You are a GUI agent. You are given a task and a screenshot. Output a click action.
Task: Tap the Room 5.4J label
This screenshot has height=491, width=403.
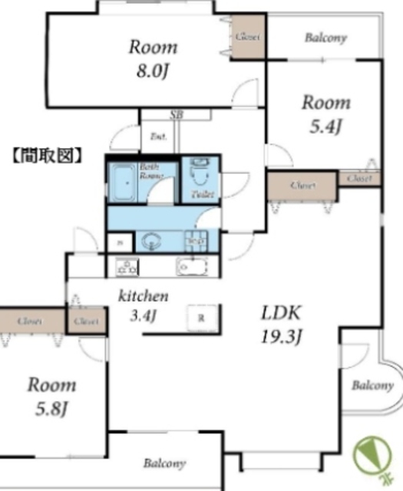point(325,114)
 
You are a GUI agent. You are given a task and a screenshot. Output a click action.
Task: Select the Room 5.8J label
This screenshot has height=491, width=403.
point(52,396)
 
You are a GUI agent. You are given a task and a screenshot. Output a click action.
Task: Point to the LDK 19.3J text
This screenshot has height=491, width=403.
point(283,323)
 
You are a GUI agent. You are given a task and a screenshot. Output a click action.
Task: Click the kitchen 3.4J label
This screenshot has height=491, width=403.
point(143,305)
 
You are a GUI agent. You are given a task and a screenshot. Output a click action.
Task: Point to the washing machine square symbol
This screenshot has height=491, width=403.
point(195,240)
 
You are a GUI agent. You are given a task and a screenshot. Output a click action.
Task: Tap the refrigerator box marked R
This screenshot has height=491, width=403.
point(200,316)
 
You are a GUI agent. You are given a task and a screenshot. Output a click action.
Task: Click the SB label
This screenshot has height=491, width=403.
point(177,114)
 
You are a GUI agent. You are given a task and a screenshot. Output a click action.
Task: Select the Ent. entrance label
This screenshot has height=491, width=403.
point(159,137)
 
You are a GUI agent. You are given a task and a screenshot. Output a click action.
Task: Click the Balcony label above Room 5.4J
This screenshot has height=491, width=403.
point(325,38)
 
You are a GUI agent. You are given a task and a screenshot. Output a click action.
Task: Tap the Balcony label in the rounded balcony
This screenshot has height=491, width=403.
point(372,386)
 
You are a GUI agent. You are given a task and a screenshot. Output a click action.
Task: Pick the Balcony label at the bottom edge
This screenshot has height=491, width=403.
point(164,464)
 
